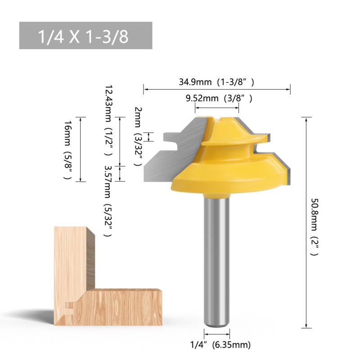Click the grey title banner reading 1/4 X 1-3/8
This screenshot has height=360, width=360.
(85, 36)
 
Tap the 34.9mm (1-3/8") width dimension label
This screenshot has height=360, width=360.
(216, 82)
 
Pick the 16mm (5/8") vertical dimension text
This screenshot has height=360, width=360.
(68, 150)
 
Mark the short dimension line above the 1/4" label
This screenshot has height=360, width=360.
(217, 334)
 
